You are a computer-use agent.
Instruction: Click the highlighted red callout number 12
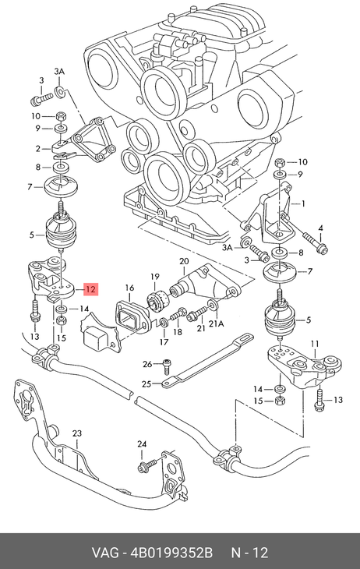90,289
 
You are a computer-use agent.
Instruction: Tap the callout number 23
77,433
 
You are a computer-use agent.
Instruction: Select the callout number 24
142,444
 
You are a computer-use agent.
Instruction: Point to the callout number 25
146,383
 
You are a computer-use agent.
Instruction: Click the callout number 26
147,363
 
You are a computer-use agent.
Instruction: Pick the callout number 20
184,261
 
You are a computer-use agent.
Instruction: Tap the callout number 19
155,277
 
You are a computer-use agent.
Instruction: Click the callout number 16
129,288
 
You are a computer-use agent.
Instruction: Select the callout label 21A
216,323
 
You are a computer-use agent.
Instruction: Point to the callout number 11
315,343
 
